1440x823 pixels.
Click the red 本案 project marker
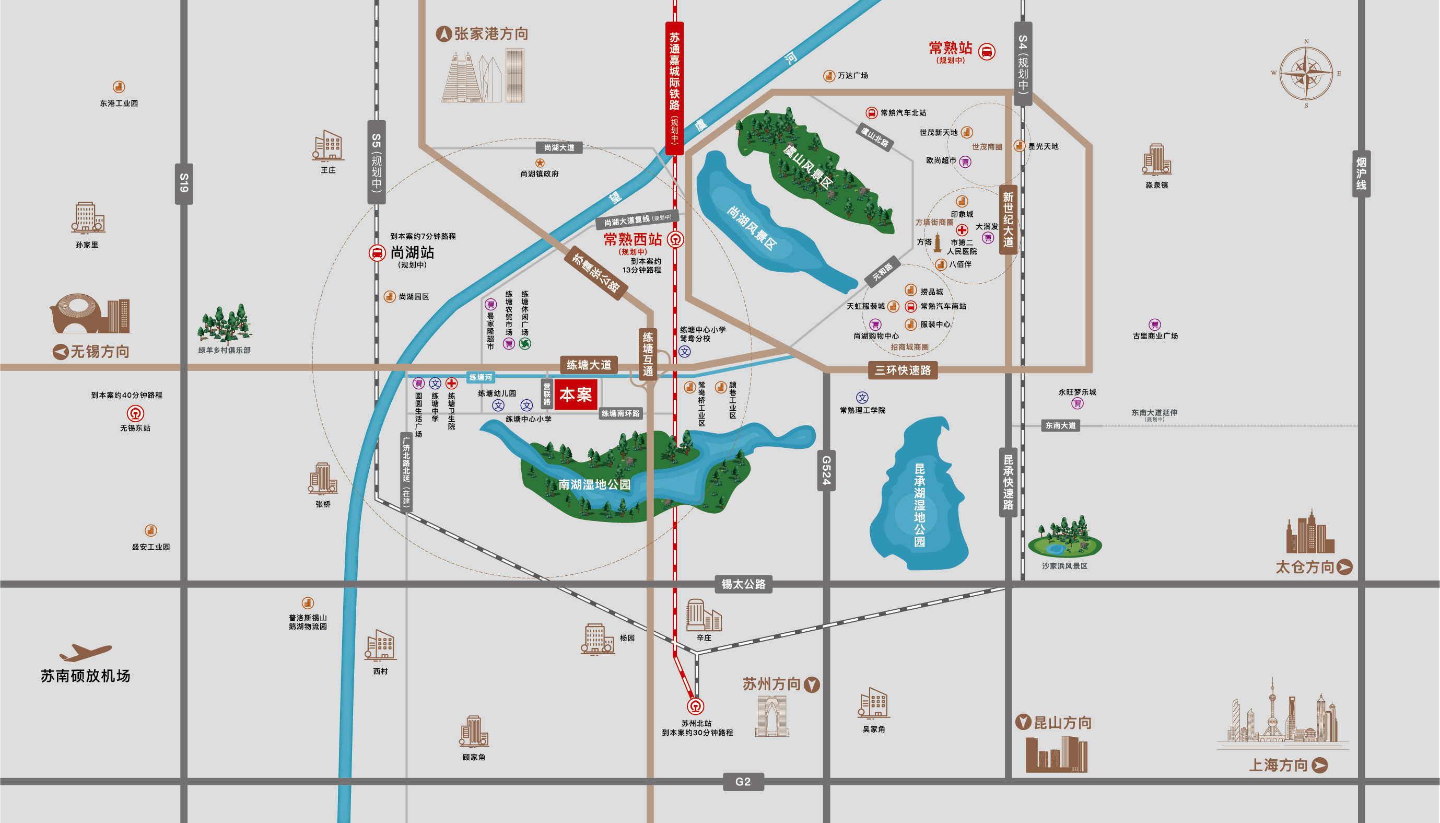coord(575,395)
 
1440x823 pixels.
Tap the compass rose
coord(1306,74)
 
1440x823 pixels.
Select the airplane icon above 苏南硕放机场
coord(85,652)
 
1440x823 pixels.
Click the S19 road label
coord(184,183)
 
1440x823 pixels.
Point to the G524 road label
coord(826,470)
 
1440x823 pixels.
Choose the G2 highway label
coord(743,782)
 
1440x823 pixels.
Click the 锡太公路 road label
coord(743,584)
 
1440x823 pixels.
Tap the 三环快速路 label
coord(903,370)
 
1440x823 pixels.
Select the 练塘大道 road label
coord(589,365)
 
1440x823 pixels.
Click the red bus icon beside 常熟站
coord(986,51)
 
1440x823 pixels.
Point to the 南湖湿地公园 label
coord(594,484)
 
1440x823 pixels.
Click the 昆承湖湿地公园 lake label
coord(920,505)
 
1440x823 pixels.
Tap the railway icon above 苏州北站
coord(695,706)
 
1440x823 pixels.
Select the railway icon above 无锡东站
coord(135,414)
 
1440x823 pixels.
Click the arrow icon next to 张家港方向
coord(444,34)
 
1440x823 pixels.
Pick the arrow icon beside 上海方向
coord(1320,766)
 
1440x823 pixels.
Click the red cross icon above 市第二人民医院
coord(962,230)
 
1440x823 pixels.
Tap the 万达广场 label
coord(852,75)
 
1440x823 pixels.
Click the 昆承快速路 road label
coord(1009,482)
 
